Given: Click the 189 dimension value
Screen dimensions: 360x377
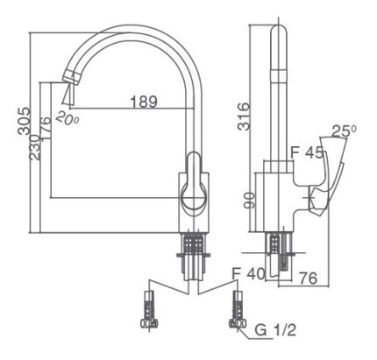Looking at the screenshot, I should click(x=143, y=102).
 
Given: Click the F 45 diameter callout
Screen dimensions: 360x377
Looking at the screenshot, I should click(x=308, y=152).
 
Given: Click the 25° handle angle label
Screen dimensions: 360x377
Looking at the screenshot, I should click(x=343, y=131).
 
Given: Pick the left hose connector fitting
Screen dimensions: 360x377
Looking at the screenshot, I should click(x=149, y=312).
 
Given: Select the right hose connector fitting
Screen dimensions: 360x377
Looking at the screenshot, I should click(x=235, y=312).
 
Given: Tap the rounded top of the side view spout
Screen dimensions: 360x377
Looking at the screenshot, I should click(x=279, y=33).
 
